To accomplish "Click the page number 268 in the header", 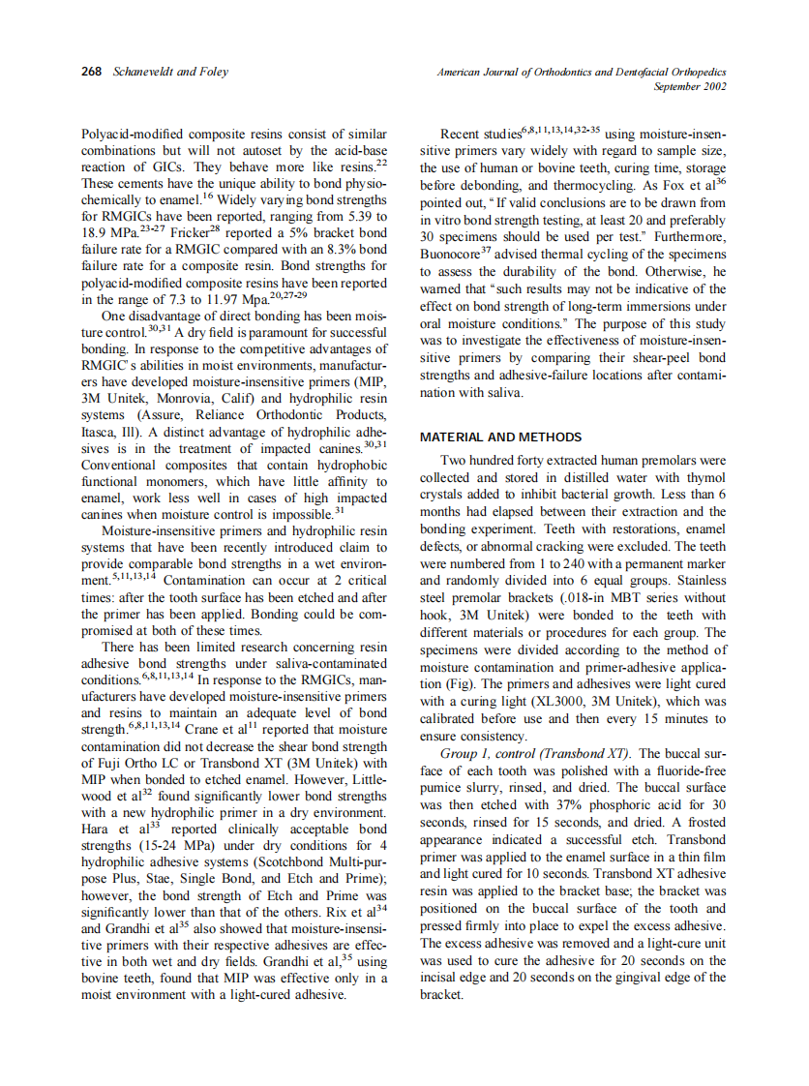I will (92, 73).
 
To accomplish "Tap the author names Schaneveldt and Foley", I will (158, 73).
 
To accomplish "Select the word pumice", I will (442, 789).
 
